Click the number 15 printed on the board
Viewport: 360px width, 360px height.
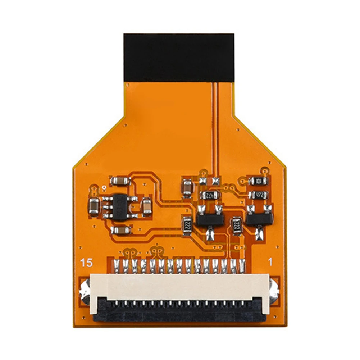click(87, 263)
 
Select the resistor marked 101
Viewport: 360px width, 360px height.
click(258, 181)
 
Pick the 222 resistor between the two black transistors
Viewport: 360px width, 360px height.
click(236, 225)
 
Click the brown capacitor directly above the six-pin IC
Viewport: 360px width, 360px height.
click(120, 181)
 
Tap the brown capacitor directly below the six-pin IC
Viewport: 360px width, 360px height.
click(120, 230)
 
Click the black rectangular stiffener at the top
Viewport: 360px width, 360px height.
click(179, 58)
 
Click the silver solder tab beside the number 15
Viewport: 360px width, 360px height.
click(85, 289)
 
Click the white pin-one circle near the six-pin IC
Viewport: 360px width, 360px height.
click(104, 188)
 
